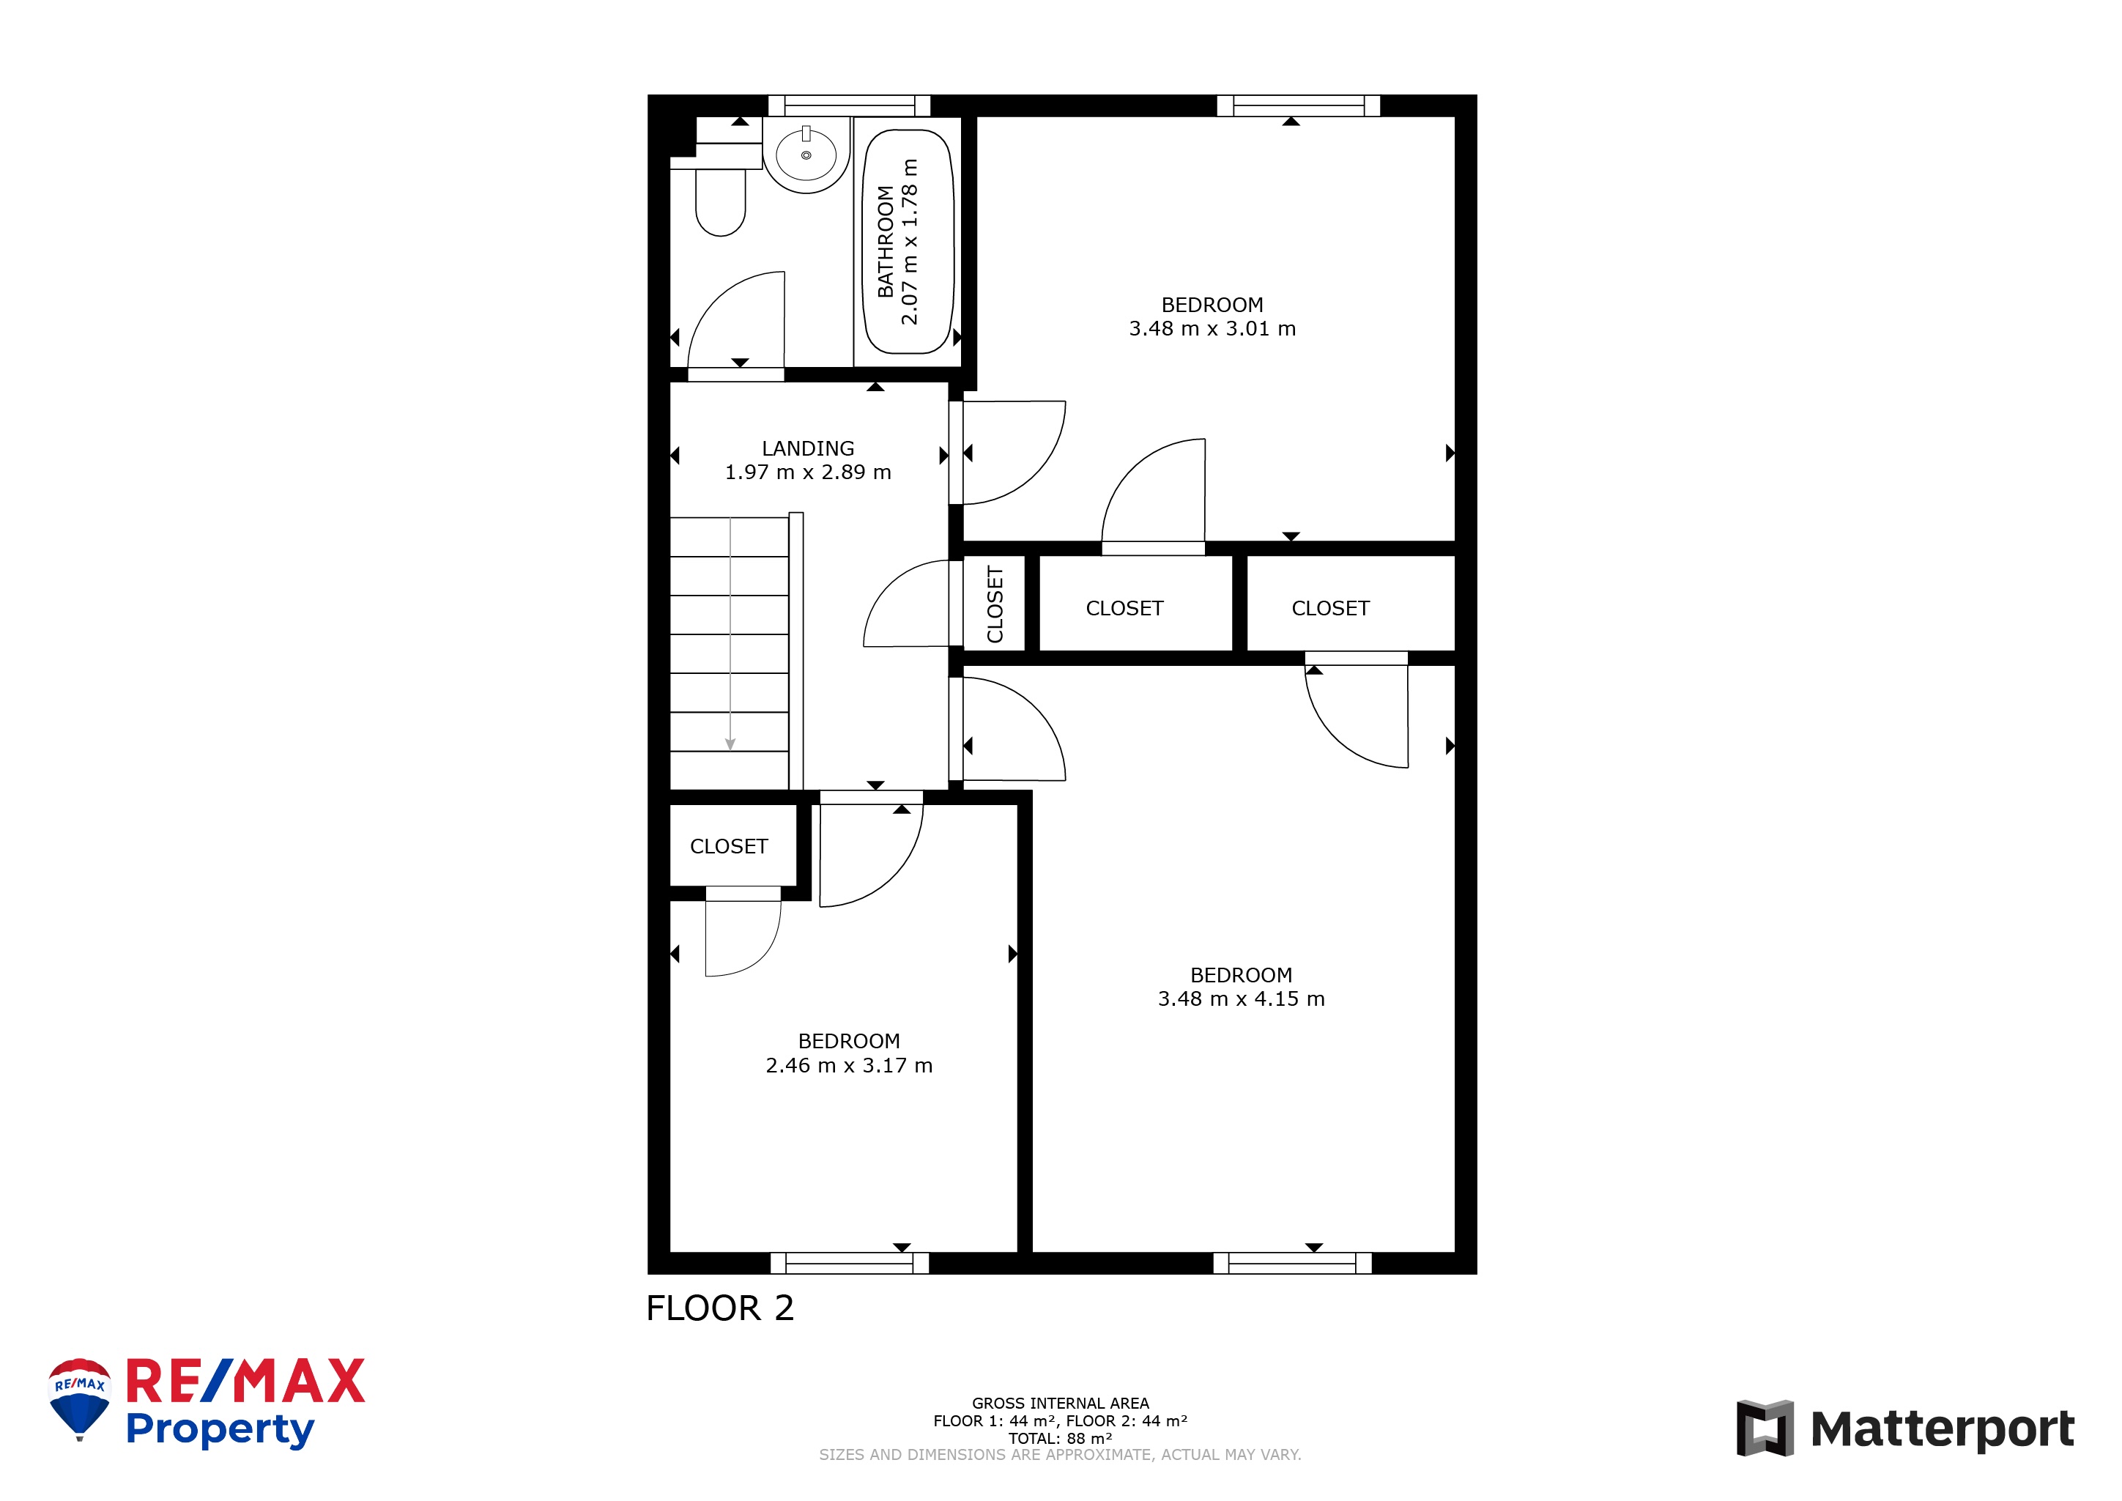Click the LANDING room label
[x=808, y=448]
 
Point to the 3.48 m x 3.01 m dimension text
[x=1212, y=329]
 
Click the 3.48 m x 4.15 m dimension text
[x=1242, y=999]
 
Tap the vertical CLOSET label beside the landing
[x=995, y=604]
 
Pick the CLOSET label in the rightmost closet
[x=1330, y=608]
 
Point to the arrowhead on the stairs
[x=730, y=744]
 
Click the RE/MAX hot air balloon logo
[x=80, y=1398]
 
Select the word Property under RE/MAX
[x=220, y=1430]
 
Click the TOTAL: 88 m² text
[x=1060, y=1438]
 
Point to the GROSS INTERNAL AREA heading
[x=1060, y=1403]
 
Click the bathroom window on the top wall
[x=850, y=105]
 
